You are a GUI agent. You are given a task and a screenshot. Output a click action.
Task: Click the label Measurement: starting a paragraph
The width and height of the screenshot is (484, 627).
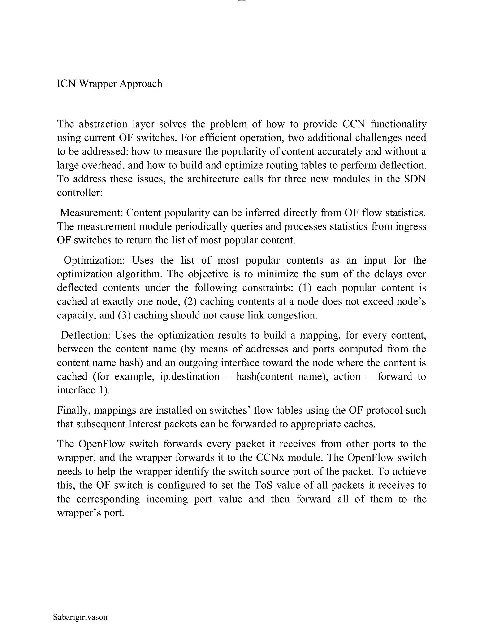tap(91, 213)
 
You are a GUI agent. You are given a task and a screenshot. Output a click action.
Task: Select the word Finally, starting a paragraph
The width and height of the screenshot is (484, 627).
tap(74, 411)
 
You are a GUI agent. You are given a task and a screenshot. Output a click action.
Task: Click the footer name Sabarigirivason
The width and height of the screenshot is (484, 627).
tap(80, 617)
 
